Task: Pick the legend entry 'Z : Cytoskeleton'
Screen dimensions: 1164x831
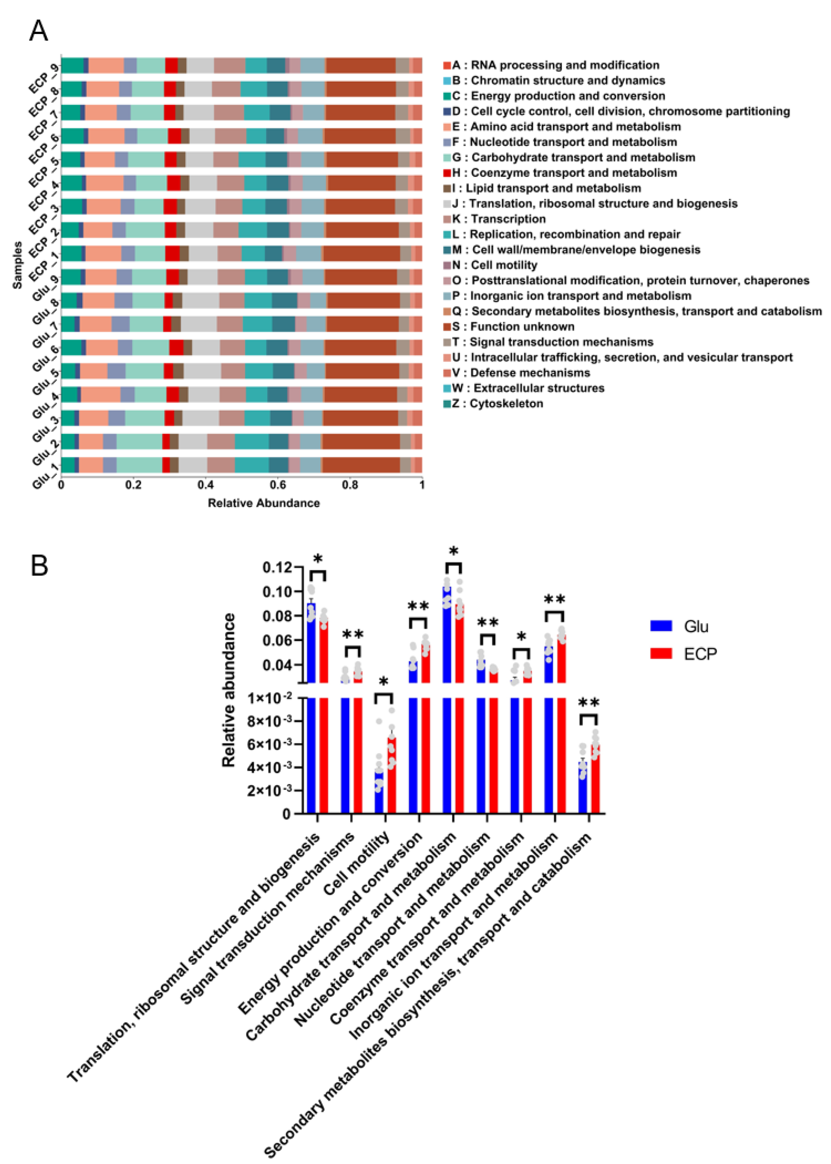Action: (497, 403)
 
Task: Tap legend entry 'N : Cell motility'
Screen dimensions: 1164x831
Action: (494, 265)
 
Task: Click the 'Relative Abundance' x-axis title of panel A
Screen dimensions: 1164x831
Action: (264, 503)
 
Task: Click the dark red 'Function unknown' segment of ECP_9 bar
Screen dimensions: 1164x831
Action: (361, 66)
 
